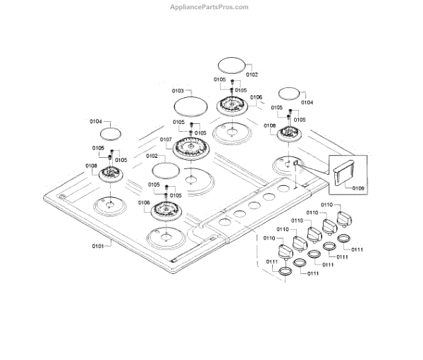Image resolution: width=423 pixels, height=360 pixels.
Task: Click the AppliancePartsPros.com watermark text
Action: tap(210, 7)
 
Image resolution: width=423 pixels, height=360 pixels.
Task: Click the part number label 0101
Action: tap(97, 246)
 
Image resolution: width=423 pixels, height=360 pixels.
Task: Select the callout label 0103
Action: tap(178, 91)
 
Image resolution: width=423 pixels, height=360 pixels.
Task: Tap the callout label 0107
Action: tap(166, 139)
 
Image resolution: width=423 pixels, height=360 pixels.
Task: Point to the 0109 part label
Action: tap(357, 189)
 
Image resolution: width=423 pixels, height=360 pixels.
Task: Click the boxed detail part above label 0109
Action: tap(346, 173)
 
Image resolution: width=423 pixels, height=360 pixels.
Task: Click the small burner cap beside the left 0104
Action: tap(110, 133)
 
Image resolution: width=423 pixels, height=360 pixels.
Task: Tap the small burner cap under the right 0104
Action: tap(290, 94)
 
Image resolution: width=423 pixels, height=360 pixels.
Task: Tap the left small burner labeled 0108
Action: tap(111, 175)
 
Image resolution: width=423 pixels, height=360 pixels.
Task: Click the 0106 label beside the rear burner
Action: tap(256, 97)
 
